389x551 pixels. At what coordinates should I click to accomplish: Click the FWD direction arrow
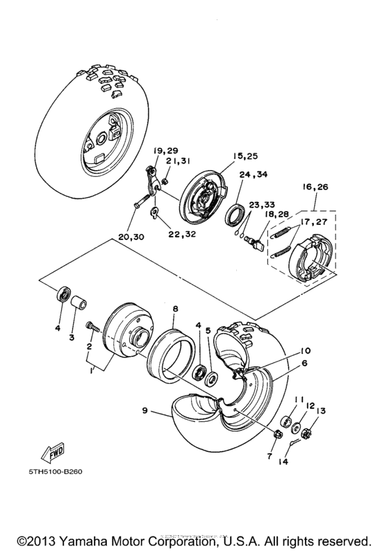click(55, 452)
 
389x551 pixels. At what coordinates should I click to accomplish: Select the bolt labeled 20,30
click(138, 205)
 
